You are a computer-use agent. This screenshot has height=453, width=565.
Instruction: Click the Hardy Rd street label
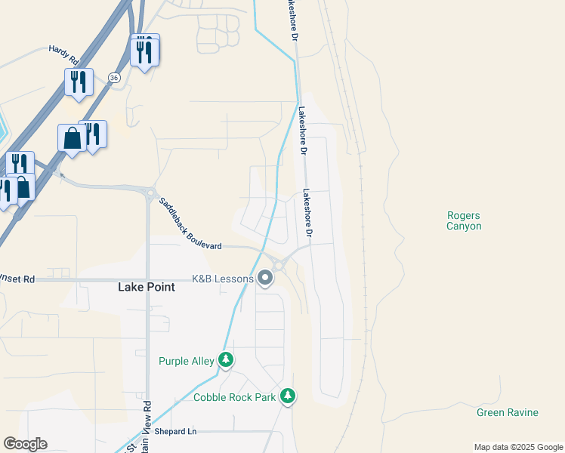tap(63, 53)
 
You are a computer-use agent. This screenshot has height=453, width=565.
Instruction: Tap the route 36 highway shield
tap(113, 77)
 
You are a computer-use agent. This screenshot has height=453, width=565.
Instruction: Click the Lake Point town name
tap(147, 287)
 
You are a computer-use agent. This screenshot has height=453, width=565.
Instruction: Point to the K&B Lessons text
tap(223, 279)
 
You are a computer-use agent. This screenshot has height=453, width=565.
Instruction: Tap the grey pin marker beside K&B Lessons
tap(265, 279)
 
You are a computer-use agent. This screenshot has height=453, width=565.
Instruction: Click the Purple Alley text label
tap(187, 361)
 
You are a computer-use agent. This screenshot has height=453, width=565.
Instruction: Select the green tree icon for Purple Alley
tap(225, 359)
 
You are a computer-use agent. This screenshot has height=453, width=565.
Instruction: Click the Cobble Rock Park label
tap(234, 396)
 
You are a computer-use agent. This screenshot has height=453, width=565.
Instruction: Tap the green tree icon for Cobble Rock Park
tap(287, 395)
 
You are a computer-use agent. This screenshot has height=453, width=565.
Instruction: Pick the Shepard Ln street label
tap(175, 431)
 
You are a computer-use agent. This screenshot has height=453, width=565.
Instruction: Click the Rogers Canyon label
tap(464, 220)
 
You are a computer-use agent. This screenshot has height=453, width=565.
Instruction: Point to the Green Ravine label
tap(508, 412)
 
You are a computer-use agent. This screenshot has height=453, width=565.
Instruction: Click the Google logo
tap(25, 444)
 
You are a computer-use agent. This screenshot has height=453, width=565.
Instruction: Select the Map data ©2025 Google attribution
tap(518, 447)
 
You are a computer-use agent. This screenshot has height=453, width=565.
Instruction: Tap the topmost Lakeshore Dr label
tap(292, 21)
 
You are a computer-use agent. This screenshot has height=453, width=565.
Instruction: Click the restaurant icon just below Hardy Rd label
tap(79, 82)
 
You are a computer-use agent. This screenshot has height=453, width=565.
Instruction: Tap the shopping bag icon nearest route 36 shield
tap(72, 138)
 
